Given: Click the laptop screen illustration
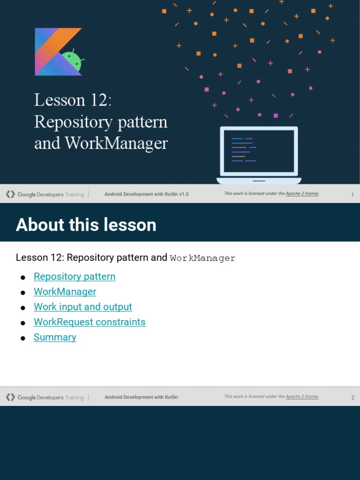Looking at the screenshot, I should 259,151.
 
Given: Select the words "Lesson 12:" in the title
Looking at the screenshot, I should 73,100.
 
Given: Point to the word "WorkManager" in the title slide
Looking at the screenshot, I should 116,143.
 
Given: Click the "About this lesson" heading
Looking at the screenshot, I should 86,225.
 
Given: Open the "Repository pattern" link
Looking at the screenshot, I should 75,277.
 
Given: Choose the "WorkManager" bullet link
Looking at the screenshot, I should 65,292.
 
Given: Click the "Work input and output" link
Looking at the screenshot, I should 83,307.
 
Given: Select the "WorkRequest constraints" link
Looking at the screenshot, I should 90,322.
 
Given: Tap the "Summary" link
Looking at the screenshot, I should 55,337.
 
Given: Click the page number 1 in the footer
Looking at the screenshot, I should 352,195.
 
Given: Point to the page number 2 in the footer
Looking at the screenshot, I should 352,397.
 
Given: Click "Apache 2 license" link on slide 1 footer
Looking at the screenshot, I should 302,194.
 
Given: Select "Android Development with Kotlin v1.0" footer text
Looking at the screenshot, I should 146,194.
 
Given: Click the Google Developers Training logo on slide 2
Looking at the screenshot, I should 45,397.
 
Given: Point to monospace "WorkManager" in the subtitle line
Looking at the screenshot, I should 202,258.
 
